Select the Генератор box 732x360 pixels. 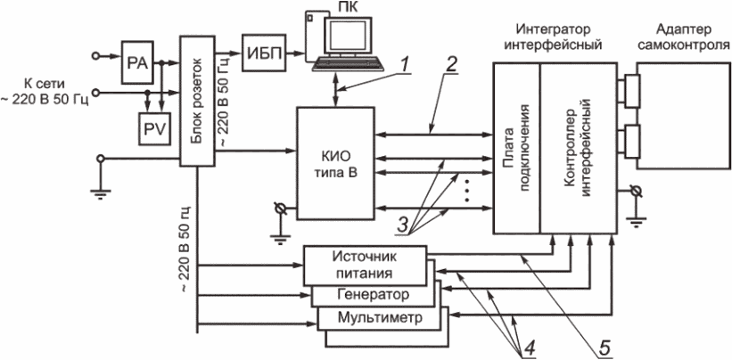point(374,294)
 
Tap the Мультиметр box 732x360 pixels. point(374,317)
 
